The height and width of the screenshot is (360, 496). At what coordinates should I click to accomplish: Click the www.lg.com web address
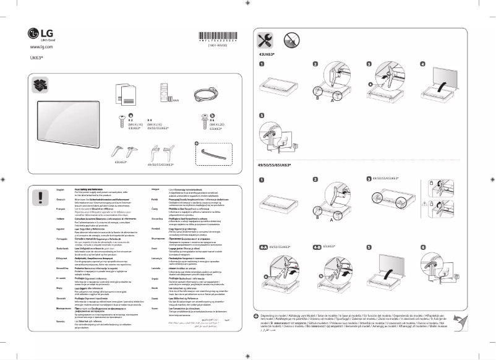point(41,47)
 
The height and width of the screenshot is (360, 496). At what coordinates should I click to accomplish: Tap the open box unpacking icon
point(41,84)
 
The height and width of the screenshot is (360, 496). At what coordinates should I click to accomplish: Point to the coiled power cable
point(203,93)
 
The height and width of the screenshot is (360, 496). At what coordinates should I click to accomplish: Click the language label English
point(61,189)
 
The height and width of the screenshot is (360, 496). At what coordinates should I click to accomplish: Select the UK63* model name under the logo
point(36,58)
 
